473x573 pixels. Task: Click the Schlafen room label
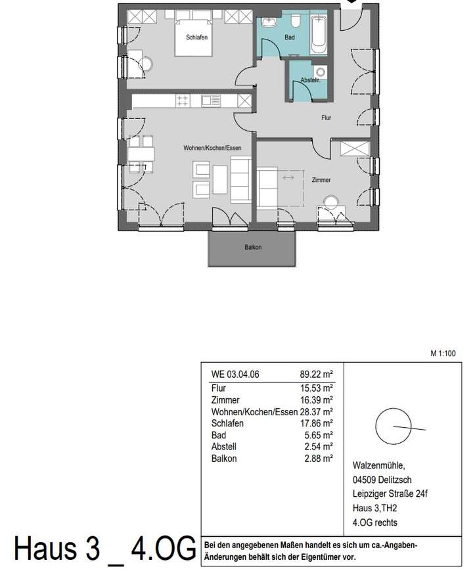click(x=196, y=38)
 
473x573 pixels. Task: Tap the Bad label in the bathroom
click(x=290, y=38)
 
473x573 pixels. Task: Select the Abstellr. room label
click(x=309, y=80)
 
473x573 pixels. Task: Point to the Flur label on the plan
click(x=326, y=118)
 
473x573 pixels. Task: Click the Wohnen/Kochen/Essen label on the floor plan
click(x=208, y=149)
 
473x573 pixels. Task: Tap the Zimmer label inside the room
click(x=321, y=179)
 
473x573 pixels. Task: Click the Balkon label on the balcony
click(x=254, y=247)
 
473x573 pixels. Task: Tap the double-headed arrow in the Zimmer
click(x=288, y=178)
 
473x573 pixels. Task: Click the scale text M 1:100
click(x=443, y=353)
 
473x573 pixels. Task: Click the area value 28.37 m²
click(x=317, y=411)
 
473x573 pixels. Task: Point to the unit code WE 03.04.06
click(x=235, y=375)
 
